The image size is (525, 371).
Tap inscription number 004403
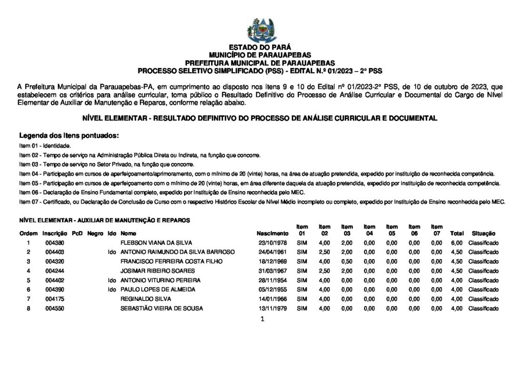(x=54, y=252)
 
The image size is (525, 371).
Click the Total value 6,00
(x=456, y=242)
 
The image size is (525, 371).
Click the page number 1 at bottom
(x=262, y=320)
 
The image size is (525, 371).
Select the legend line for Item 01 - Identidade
(x=45, y=146)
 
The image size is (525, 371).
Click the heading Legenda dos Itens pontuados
(x=69, y=136)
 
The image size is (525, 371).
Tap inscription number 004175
(x=54, y=299)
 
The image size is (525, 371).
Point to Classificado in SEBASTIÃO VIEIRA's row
(x=483, y=308)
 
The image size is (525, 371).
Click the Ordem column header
(x=29, y=233)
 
